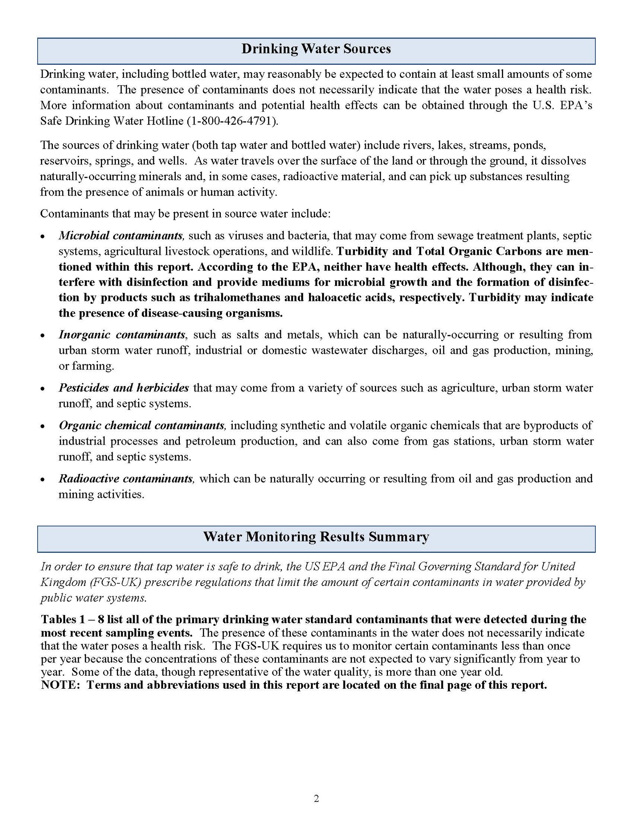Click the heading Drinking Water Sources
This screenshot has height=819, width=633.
(316, 49)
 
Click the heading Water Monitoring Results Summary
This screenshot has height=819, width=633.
(316, 537)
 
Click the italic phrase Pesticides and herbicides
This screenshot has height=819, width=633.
(124, 388)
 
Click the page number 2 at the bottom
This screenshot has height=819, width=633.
(316, 798)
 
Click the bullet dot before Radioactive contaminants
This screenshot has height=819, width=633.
(43, 479)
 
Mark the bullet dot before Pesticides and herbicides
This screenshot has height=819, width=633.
(43, 388)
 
